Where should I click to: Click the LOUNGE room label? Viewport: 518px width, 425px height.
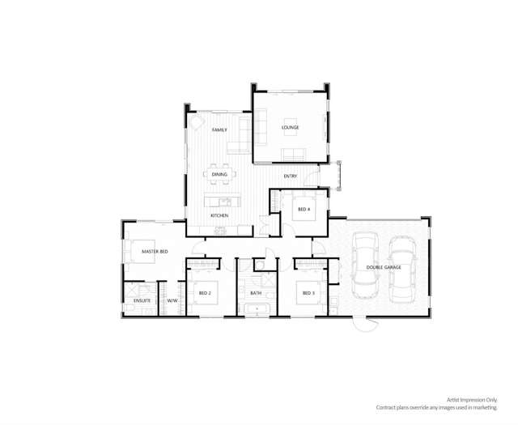[x=290, y=127]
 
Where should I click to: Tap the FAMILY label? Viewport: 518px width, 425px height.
[x=219, y=130]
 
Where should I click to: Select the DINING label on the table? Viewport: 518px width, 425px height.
[x=219, y=174]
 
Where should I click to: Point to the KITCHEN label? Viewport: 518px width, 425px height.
[x=219, y=215]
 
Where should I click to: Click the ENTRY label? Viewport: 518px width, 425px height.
[x=291, y=176]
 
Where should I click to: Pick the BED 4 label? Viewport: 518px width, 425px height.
[x=304, y=209]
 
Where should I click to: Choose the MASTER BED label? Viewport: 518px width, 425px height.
[x=155, y=252]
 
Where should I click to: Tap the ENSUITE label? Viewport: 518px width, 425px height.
[x=142, y=301]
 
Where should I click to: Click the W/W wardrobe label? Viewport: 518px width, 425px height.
[x=172, y=301]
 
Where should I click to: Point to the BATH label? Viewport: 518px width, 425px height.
[x=256, y=293]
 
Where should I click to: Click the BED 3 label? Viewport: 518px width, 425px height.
[x=308, y=293]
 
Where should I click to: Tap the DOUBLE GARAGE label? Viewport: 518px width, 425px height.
[x=384, y=267]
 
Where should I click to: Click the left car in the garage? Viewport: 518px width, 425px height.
[x=365, y=266]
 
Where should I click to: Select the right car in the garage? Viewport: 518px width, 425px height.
[x=403, y=270]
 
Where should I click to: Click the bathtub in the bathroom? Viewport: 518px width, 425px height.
[x=257, y=309]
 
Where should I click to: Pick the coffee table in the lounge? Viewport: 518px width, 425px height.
[x=291, y=127]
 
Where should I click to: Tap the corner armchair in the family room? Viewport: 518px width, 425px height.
[x=197, y=121]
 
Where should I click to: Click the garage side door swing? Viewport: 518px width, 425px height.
[x=366, y=325]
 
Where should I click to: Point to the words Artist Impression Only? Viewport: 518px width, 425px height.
[x=472, y=400]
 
